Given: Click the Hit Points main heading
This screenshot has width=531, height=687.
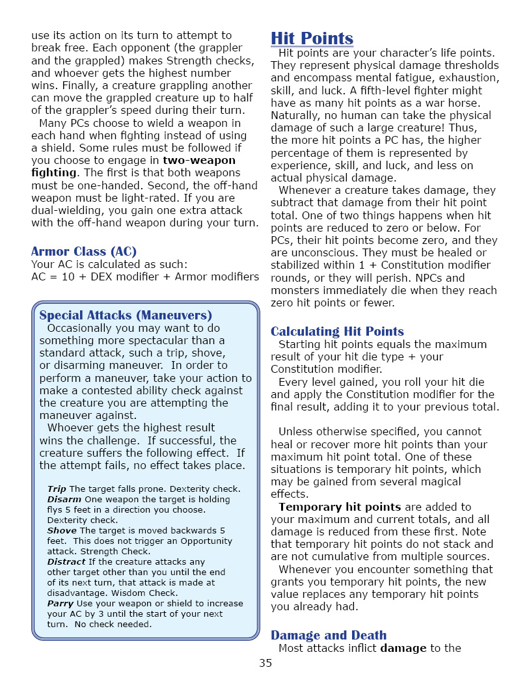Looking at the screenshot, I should click(312, 38).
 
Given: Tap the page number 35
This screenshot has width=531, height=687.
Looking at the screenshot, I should click(265, 664).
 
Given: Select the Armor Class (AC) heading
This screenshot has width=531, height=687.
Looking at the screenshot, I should click(84, 252).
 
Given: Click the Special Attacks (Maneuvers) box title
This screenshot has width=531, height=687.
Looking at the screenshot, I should click(126, 316).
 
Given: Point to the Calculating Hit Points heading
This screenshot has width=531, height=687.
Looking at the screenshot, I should click(337, 332).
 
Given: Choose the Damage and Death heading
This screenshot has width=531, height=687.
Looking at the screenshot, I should click(329, 636).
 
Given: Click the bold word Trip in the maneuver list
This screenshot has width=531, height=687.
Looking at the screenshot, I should click(57, 489).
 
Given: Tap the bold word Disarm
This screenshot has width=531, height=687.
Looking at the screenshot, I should click(64, 499).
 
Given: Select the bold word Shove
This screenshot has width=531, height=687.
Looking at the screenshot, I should click(62, 530).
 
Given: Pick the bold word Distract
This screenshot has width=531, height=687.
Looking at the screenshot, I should click(66, 561).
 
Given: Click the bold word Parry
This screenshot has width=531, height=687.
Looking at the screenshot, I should click(61, 603).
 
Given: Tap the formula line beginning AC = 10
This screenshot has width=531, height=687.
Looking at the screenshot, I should click(145, 276).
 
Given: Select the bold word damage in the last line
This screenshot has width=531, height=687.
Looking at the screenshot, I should click(403, 648).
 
